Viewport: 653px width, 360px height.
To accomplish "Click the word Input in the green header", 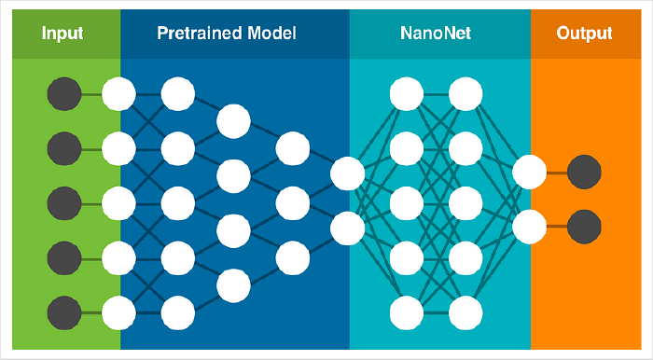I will (63, 34).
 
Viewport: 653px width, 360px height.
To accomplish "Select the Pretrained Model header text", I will (227, 34).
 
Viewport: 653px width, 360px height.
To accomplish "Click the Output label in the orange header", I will (584, 34).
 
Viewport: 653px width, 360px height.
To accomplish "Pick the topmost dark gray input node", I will (63, 93).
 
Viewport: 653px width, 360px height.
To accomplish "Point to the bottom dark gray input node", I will (63, 312).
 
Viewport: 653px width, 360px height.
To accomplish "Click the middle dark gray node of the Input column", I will (63, 201).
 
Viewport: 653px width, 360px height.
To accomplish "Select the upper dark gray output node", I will (584, 172).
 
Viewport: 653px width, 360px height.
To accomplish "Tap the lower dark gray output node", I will (584, 226).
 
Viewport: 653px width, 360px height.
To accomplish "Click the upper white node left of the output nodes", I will (529, 172).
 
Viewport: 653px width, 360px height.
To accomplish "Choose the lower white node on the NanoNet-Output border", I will (529, 226).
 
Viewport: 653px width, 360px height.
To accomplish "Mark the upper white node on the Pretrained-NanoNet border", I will (347, 173).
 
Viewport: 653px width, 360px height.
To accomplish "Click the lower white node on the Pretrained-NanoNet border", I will (347, 227).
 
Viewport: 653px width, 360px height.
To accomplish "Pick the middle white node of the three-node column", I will (292, 201).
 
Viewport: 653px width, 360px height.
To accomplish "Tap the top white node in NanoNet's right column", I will (465, 93).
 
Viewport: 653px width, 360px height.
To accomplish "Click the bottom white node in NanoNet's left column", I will (407, 311).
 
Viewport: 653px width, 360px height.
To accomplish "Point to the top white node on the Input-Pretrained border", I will (118, 93).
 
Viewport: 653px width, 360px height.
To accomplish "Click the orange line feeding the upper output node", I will (556, 172).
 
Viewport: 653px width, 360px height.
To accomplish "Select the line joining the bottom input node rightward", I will (90, 312).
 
